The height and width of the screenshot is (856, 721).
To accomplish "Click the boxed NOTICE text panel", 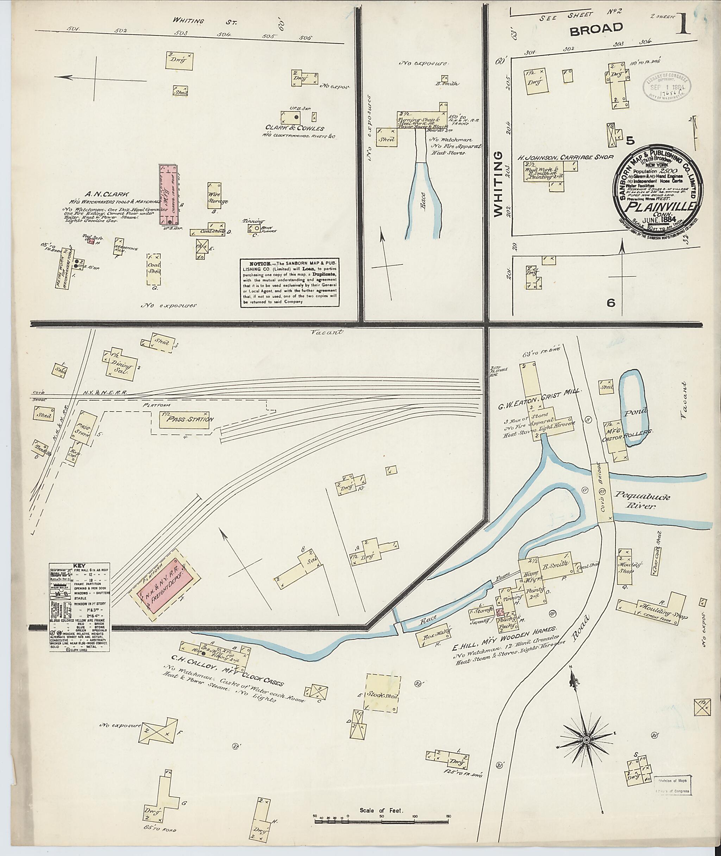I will click(290, 282).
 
